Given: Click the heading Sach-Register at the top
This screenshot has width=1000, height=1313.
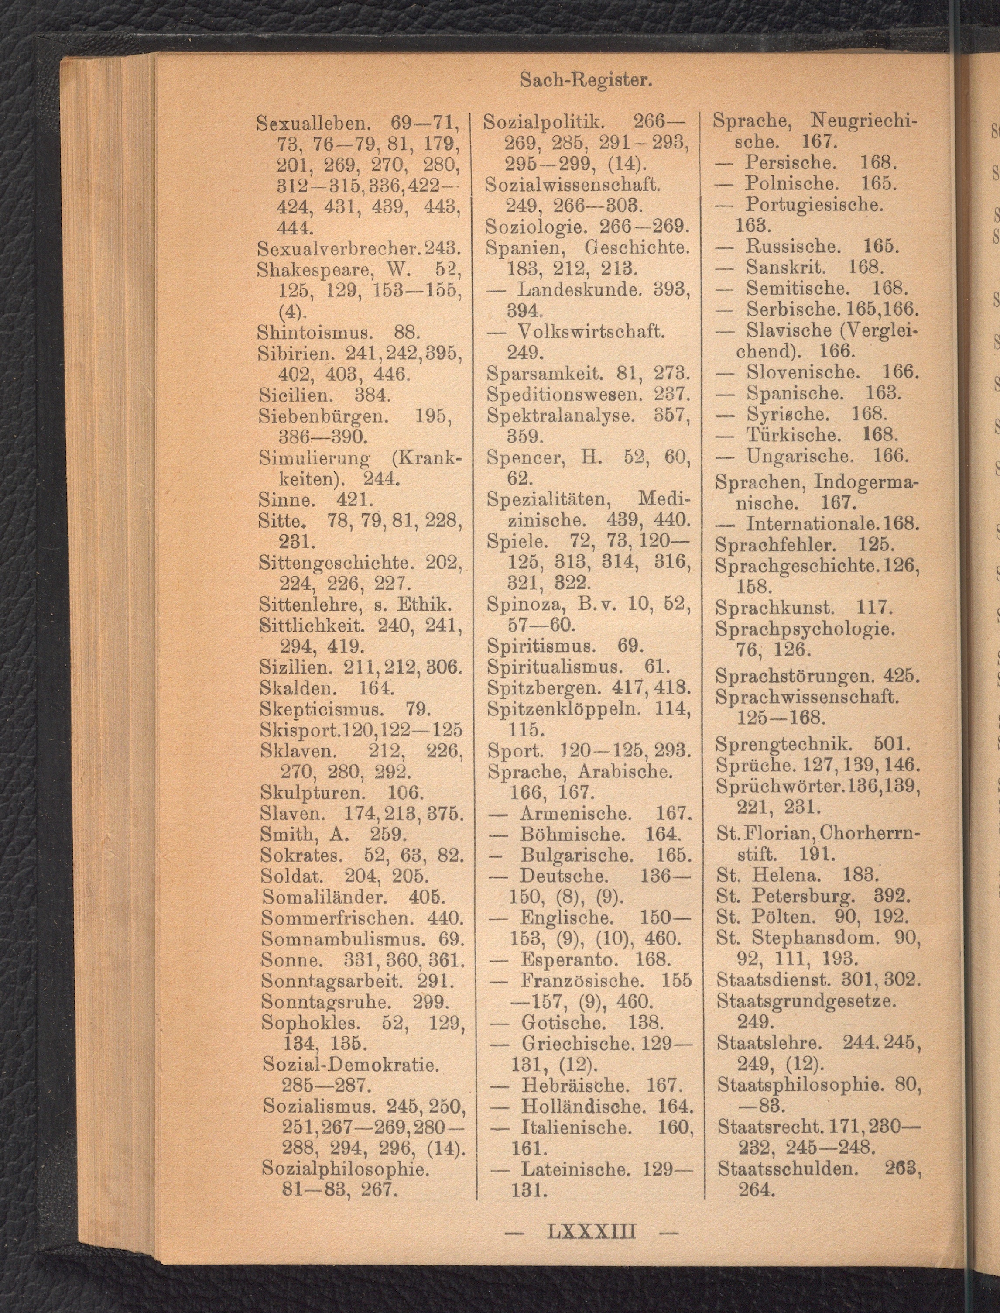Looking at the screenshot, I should coord(586,80).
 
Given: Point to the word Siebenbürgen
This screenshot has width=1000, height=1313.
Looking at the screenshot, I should coord(325,416).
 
